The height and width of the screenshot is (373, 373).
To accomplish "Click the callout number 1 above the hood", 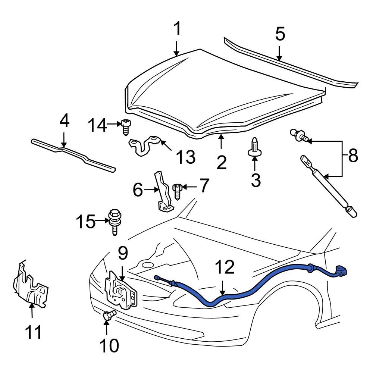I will point(178,28).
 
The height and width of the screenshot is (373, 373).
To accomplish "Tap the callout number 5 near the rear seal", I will point(280,34).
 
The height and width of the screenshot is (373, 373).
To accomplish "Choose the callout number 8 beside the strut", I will point(352,156).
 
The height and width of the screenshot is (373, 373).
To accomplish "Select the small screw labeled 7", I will point(177,191).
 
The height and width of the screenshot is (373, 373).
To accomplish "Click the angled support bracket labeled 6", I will point(163,193).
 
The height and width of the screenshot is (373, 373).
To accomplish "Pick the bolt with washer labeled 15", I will point(114,222).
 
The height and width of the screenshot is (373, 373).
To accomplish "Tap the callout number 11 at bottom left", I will point(33,332).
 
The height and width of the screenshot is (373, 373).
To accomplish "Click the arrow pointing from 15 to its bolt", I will point(101,221).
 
